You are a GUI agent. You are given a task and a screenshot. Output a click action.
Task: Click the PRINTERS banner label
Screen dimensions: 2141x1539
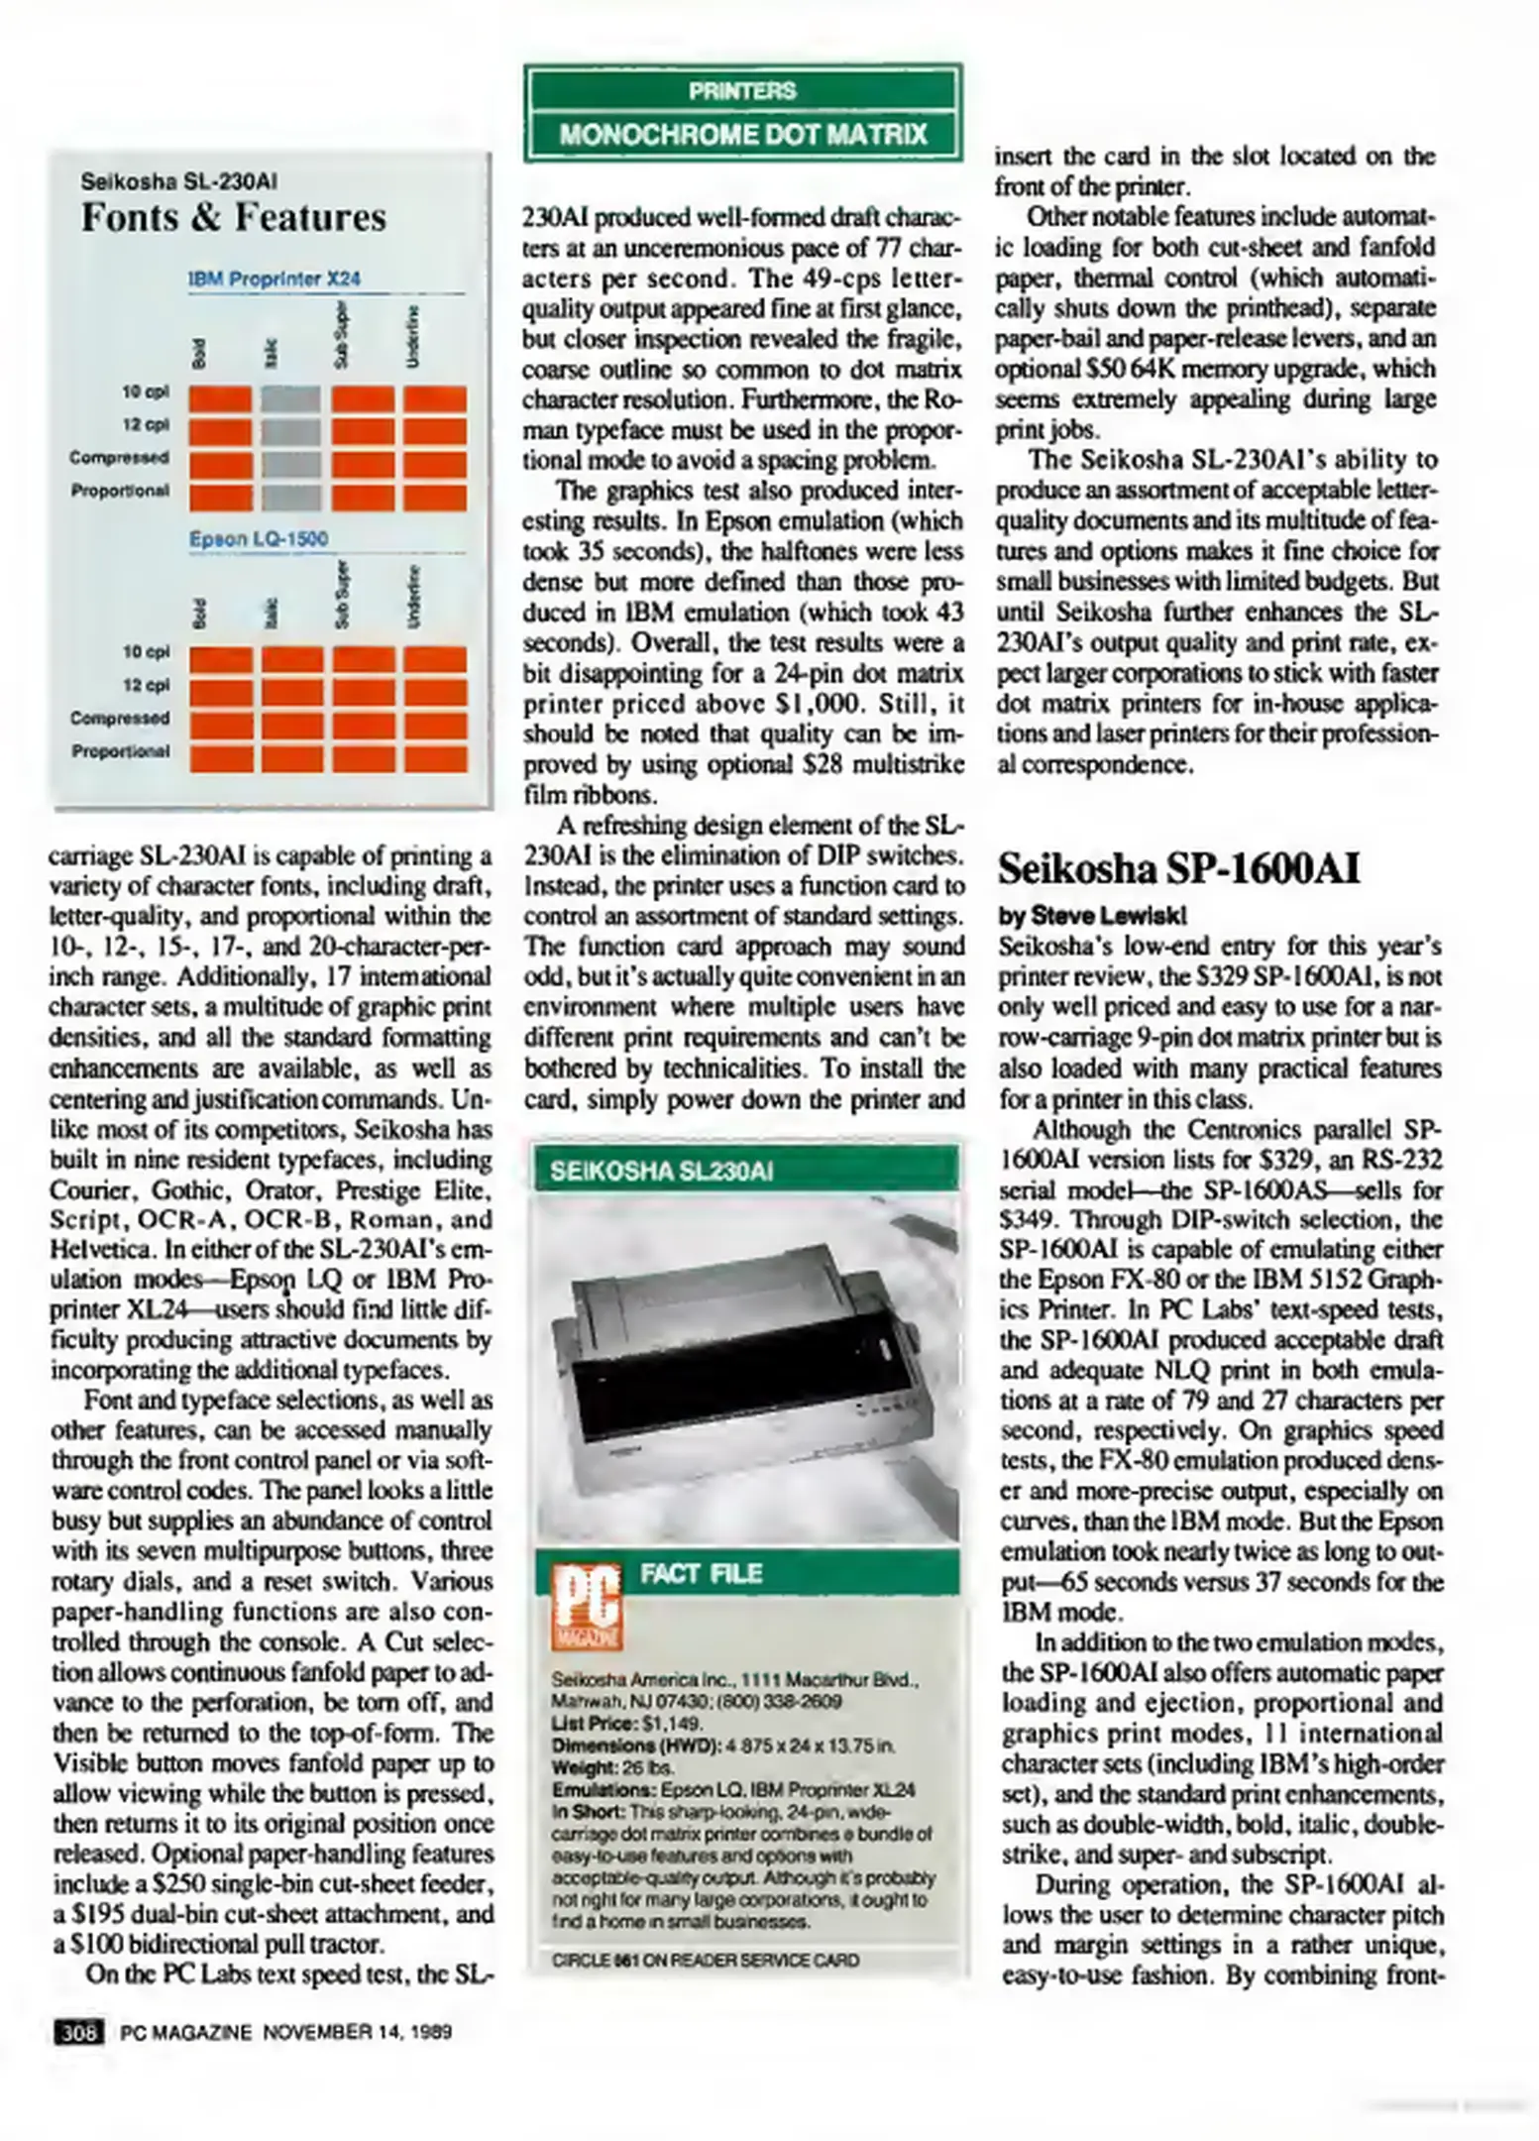[742, 91]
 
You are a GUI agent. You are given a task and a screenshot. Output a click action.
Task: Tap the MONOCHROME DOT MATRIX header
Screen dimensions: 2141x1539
[742, 135]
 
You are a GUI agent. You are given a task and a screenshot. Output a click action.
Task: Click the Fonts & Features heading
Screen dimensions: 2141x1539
[233, 217]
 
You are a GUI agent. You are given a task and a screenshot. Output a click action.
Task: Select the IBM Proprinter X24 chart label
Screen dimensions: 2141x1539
[274, 280]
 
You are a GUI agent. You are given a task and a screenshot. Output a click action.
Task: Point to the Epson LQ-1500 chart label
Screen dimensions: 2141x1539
[259, 539]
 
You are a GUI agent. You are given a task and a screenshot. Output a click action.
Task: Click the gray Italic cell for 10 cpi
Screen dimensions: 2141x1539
[291, 399]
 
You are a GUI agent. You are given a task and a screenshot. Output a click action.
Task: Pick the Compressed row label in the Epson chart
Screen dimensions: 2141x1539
[120, 718]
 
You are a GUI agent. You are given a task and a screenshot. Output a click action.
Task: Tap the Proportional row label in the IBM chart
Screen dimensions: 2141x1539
[120, 491]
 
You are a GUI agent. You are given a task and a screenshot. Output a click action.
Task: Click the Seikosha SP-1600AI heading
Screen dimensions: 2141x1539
[1178, 868]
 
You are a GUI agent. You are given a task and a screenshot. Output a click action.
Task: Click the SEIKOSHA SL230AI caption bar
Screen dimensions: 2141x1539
[661, 1172]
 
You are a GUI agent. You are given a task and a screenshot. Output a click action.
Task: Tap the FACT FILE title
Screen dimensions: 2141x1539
[702, 1574]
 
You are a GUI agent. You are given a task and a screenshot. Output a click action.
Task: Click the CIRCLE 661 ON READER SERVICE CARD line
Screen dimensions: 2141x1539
[706, 1961]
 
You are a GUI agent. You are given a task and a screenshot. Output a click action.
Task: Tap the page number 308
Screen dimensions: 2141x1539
[77, 2033]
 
